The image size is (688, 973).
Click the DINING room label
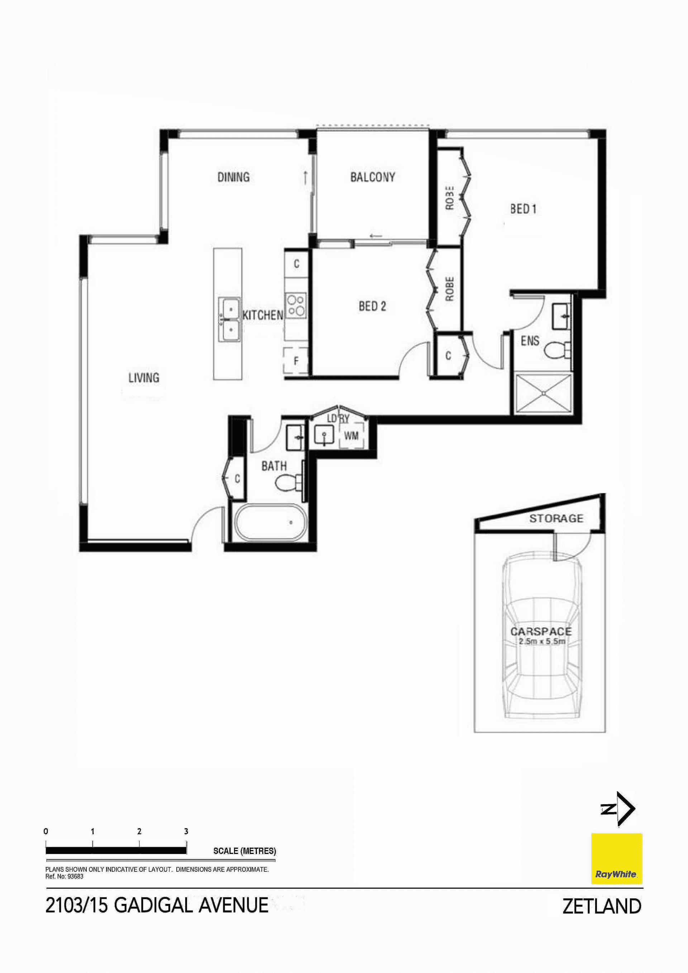tap(233, 177)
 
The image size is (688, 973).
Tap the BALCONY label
tap(373, 177)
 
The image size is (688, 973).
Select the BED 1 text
tap(523, 208)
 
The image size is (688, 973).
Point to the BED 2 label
tap(372, 306)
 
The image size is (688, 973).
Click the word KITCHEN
tap(262, 315)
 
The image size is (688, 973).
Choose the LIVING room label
tap(144, 378)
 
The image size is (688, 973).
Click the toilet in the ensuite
tap(557, 350)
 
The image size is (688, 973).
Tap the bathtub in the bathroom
tap(268, 522)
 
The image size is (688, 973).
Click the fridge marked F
tap(296, 361)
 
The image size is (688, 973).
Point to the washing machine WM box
tap(352, 435)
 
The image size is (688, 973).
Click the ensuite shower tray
tap(544, 394)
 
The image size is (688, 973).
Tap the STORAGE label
tap(556, 518)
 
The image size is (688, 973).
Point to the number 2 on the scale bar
tap(139, 831)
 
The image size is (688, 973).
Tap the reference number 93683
tap(76, 876)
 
